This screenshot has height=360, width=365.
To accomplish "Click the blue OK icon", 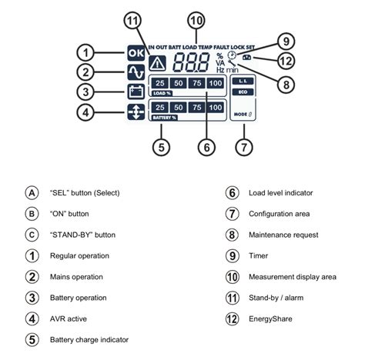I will [x=135, y=53].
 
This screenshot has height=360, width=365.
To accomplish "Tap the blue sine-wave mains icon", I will [x=135, y=72].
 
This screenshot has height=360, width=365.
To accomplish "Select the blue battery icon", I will [x=135, y=92].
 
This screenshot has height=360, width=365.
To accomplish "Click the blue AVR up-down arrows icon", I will [x=135, y=112].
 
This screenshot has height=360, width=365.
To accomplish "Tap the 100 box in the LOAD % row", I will [x=216, y=83].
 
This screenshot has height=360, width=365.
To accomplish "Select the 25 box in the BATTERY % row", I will [x=159, y=108].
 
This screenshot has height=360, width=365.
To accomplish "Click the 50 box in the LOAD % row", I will [x=178, y=83].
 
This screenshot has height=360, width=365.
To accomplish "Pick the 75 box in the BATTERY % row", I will [x=196, y=108].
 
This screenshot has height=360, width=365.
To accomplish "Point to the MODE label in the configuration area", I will [x=239, y=114].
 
